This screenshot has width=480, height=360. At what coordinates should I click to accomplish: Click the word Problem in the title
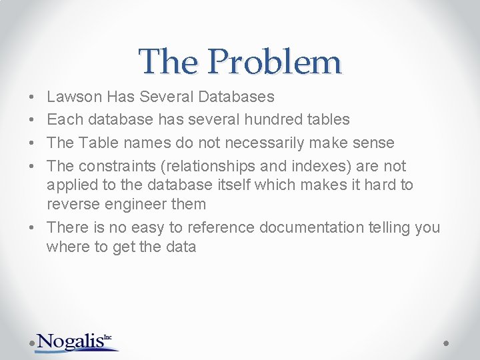[x=274, y=62]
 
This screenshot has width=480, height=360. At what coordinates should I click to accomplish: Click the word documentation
[x=311, y=227]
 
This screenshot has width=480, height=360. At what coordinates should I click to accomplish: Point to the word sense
[x=373, y=143]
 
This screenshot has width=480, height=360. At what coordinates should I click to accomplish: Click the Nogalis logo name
[x=70, y=341]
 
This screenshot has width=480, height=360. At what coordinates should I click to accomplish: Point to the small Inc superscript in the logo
[x=108, y=337]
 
